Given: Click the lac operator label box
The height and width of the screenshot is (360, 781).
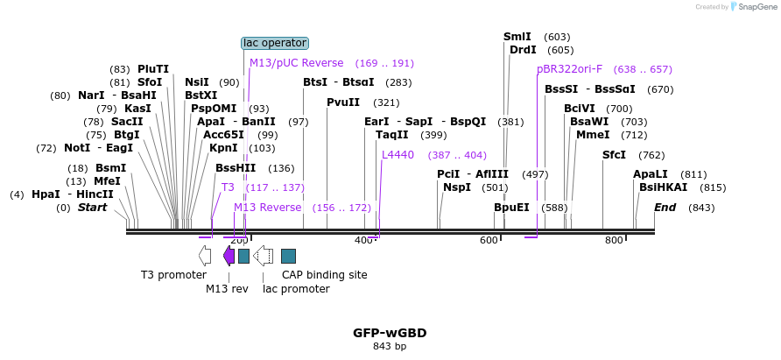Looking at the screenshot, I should coord(275,43).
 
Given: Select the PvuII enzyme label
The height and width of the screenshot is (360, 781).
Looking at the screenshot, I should coord(343,102).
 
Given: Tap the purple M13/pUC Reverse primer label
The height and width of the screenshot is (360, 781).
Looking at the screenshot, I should coord(296,63).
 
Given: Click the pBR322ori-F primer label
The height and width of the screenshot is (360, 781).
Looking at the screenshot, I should coord(569,69).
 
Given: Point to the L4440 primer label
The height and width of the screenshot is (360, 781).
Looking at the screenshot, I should coord(398,155).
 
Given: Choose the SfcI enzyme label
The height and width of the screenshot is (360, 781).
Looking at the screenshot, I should coord(614,155).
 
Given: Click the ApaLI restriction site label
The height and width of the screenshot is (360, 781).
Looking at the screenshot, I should coord(650,174).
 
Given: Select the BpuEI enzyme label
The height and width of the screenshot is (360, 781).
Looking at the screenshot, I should coord(511,208).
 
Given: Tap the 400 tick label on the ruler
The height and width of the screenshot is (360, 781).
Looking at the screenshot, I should coord(363,240).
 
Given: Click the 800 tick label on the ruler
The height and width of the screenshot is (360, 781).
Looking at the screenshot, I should coord(614,240).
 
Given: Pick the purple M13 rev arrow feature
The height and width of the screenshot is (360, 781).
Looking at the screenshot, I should coord(229,256).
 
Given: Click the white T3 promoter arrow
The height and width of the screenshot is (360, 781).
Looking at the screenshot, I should coord(205,256).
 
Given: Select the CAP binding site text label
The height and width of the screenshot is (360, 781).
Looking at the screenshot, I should coord(324,275).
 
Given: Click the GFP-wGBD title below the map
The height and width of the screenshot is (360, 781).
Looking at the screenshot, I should coord(390,333).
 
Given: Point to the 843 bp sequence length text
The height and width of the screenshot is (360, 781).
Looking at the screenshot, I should coord(390,347).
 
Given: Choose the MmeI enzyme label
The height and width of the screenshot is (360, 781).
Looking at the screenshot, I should coord(593,135).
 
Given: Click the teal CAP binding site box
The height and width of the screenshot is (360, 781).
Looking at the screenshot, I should coord(288,256).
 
